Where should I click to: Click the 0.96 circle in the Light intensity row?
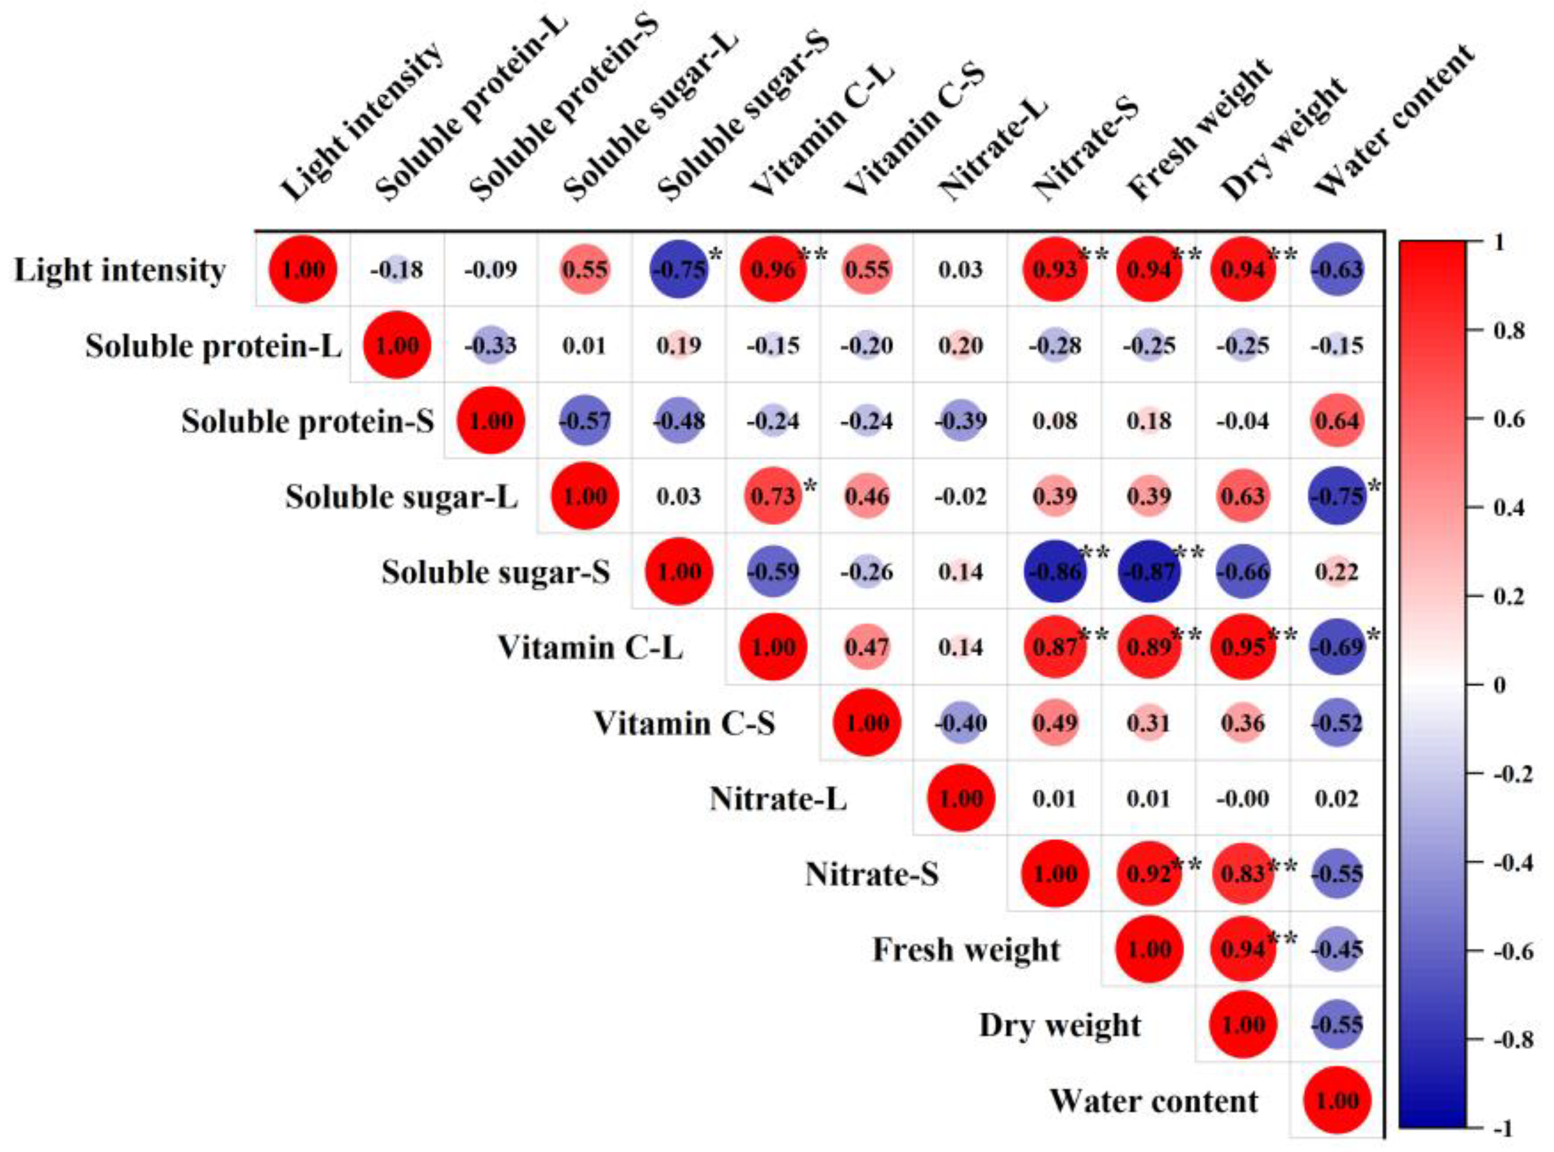(773, 269)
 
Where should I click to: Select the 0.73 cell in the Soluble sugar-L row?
(773, 496)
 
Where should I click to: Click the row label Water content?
(1154, 1101)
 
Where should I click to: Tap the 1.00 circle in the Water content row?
(1337, 1100)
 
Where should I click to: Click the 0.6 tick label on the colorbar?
(1508, 419)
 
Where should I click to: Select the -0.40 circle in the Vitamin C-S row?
(960, 723)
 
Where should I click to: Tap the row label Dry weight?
(1060, 1025)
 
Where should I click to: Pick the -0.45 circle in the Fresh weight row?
(1337, 949)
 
